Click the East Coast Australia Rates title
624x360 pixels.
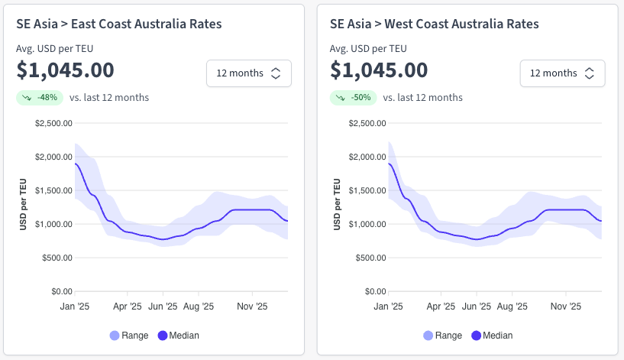pos(119,24)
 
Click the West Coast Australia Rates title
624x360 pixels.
pos(434,24)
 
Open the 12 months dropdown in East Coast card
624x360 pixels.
pos(248,73)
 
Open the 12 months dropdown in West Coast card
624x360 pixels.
pos(562,73)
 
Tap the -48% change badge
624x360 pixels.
pos(40,98)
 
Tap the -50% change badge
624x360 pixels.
pos(354,98)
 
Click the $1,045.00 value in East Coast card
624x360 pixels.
pos(66,70)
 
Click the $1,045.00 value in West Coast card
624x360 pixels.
pos(379,70)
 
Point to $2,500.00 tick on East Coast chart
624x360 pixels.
pos(54,123)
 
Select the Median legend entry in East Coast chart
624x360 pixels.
pos(178,336)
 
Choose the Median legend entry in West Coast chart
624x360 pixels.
pos(492,336)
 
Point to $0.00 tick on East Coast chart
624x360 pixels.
pos(60,291)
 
